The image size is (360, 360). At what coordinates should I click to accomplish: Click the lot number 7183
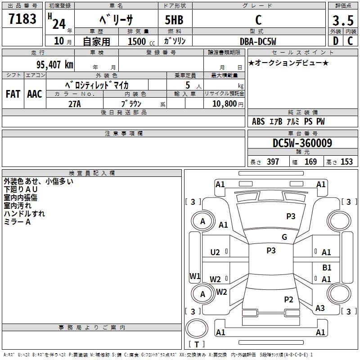(22, 19)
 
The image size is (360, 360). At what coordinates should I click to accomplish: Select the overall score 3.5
(342, 20)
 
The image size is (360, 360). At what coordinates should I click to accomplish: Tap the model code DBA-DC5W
(258, 41)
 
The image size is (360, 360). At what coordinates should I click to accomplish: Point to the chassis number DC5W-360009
(302, 143)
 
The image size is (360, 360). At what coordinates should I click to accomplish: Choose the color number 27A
(74, 103)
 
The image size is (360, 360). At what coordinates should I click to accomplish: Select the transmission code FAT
(13, 94)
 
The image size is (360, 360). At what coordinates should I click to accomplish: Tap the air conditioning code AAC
(34, 94)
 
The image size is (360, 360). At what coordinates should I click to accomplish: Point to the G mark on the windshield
(284, 237)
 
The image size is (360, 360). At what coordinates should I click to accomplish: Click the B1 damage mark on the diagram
(327, 267)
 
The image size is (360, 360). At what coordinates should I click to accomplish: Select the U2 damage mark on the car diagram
(215, 252)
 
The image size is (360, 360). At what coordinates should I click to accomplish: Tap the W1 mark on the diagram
(194, 276)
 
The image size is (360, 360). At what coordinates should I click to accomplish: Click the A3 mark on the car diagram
(320, 308)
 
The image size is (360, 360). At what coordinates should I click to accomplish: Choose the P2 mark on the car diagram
(288, 300)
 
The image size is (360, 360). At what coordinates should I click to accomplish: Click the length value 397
(273, 162)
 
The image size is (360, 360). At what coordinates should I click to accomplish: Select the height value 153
(346, 162)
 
